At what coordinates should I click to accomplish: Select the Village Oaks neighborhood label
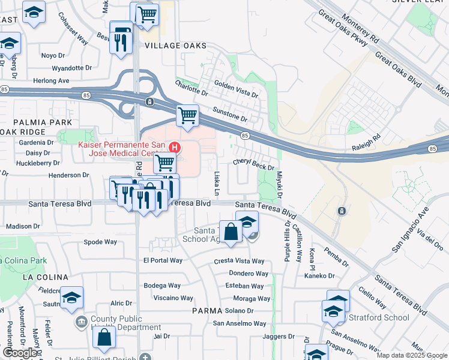pos(175,46)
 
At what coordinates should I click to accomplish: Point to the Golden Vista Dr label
pos(236,91)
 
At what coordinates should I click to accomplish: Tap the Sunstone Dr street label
pos(230,114)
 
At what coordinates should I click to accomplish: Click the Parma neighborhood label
pos(207,310)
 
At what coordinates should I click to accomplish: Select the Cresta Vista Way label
pos(239,261)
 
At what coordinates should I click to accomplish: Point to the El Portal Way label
pos(163,260)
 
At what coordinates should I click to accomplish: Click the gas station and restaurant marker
pos(121,37)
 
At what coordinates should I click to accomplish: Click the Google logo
pos(20,353)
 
